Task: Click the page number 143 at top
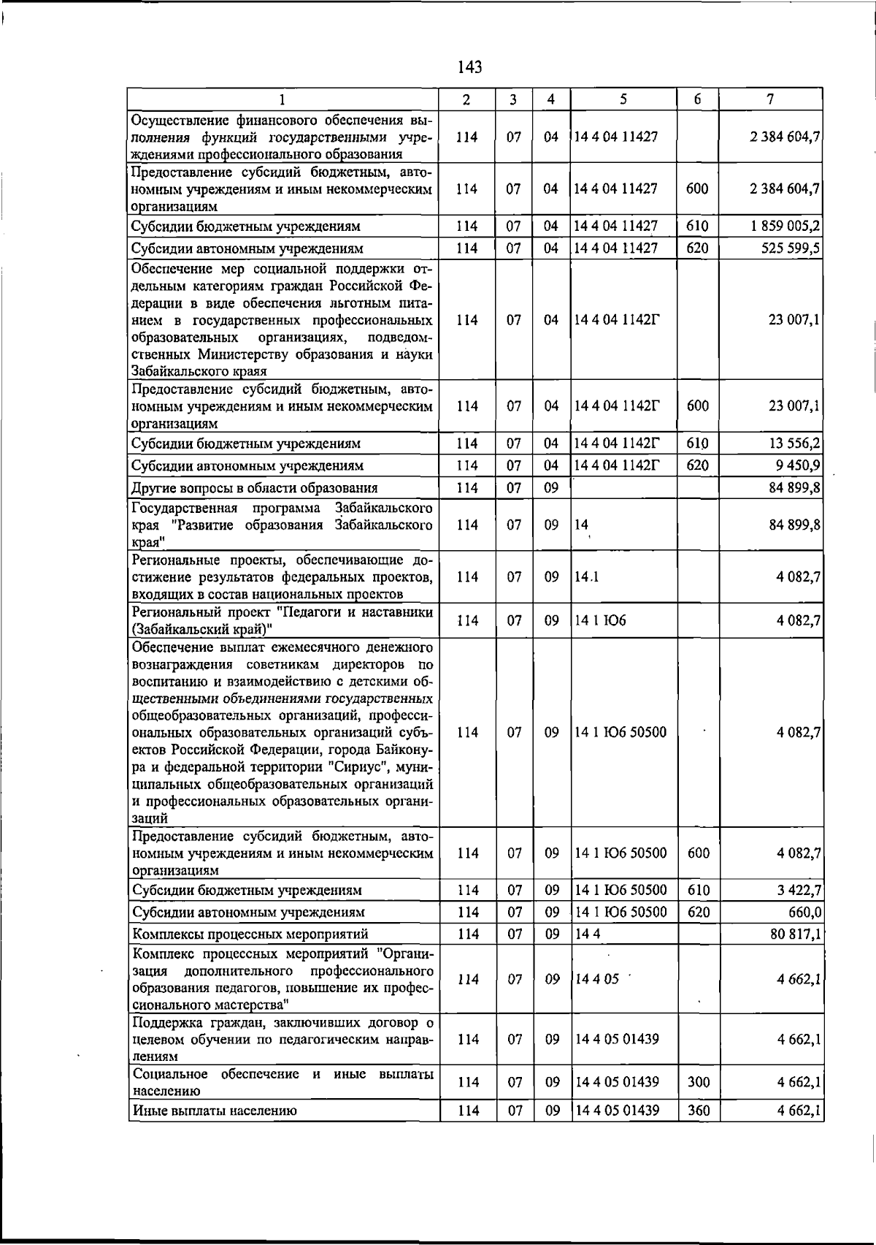point(470,68)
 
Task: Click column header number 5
point(623,99)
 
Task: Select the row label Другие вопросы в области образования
point(254,488)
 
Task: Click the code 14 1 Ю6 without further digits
point(600,621)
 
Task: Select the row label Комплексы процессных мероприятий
point(250,934)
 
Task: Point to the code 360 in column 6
point(698,1111)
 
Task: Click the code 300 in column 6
point(698,1082)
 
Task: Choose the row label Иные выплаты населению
point(214,1111)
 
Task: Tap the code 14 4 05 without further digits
point(596,979)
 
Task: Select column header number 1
point(283,99)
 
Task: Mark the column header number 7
point(770,99)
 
